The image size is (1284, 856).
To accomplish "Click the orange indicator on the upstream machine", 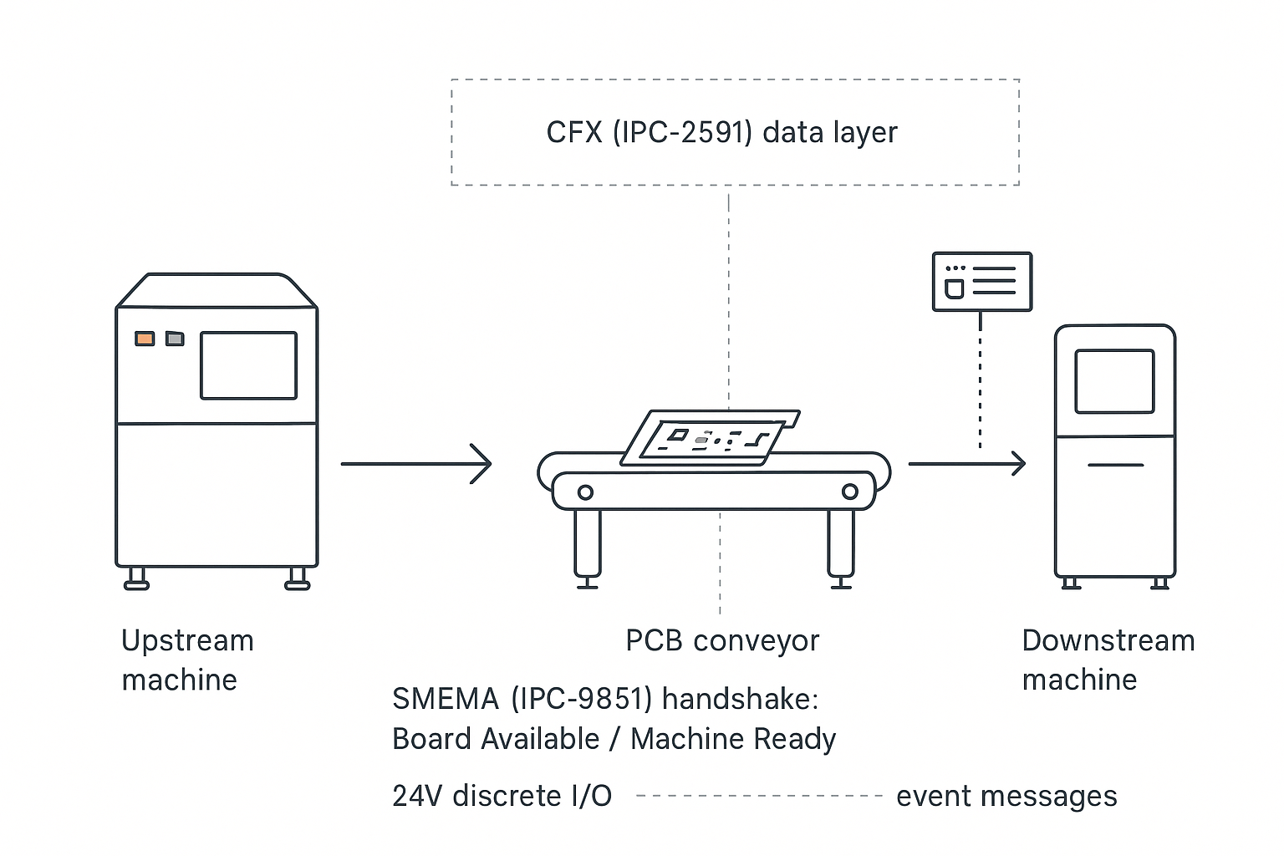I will pyautogui.click(x=145, y=339).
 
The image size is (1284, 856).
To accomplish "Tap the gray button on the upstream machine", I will pyautogui.click(x=175, y=339).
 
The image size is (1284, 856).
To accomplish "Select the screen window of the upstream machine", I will pyautogui.click(x=248, y=365).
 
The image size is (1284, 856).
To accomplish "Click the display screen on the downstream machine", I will pyautogui.click(x=1114, y=381).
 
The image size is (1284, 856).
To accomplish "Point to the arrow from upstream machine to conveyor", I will pyautogui.click(x=415, y=463).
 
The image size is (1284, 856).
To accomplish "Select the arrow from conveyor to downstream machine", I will pyautogui.click(x=966, y=463).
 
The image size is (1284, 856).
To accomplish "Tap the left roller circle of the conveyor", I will pyautogui.click(x=585, y=492).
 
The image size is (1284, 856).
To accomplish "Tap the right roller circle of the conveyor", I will pyautogui.click(x=849, y=492).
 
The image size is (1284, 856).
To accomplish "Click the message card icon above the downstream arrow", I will pyautogui.click(x=981, y=282).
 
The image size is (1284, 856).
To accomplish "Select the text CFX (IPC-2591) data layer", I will pyautogui.click(x=721, y=133).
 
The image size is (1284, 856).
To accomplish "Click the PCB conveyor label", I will pyautogui.click(x=722, y=641).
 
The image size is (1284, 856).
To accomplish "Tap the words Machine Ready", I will pyautogui.click(x=733, y=739).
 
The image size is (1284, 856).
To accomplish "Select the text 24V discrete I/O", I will pyautogui.click(x=502, y=796).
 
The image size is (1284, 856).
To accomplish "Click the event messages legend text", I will pyautogui.click(x=1006, y=796).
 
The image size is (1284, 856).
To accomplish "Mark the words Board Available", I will pyautogui.click(x=496, y=739).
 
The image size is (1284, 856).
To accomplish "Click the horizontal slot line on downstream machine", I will pyautogui.click(x=1115, y=465).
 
